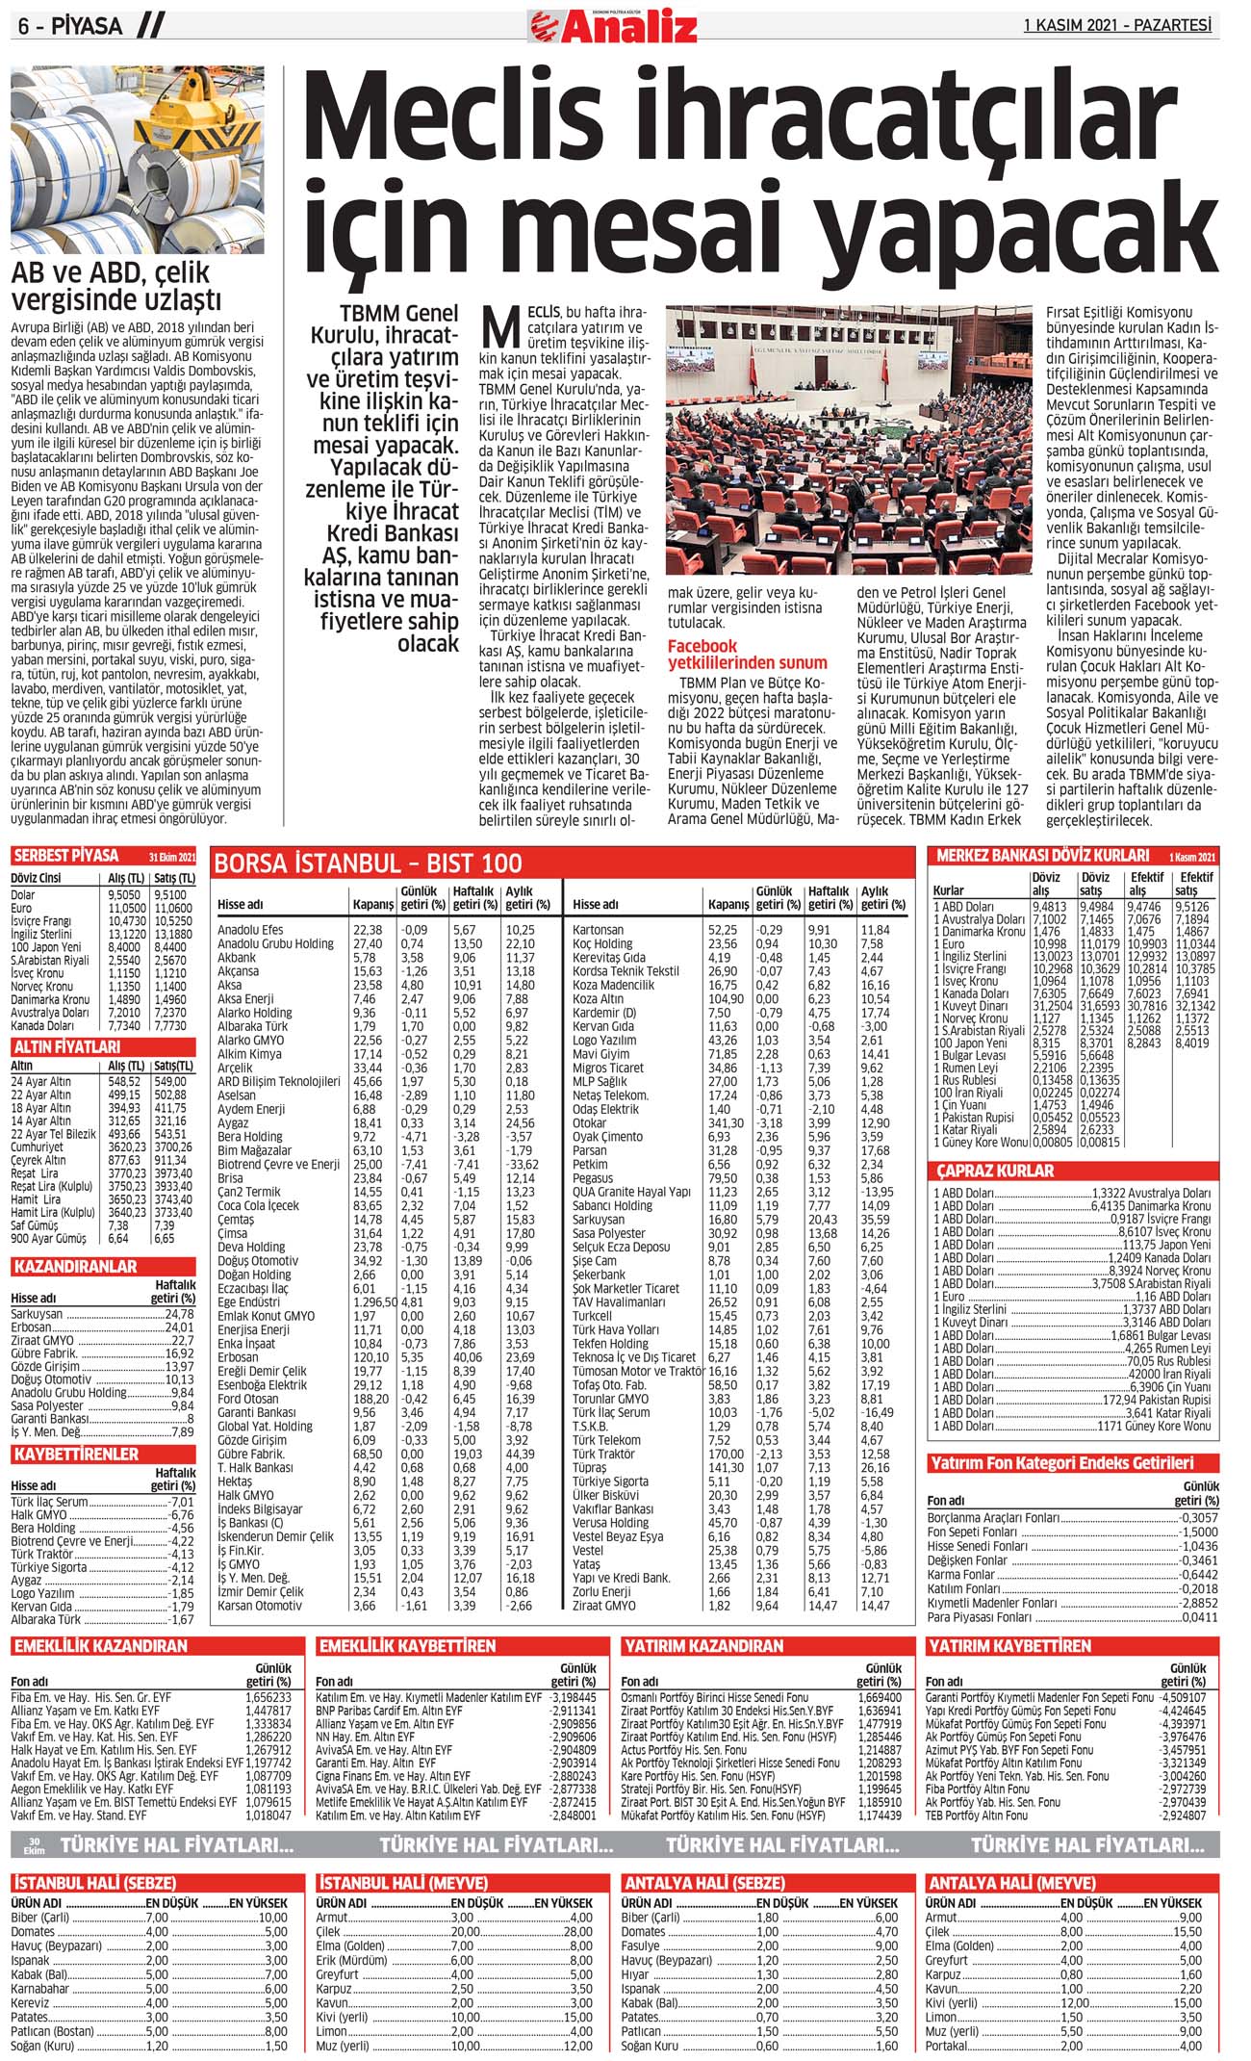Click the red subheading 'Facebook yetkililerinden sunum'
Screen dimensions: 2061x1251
[x=747, y=655]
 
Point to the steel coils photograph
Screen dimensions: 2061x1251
[x=137, y=160]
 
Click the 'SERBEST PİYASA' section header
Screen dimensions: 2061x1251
[x=65, y=856]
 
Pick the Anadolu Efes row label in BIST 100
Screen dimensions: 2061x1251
[x=250, y=930]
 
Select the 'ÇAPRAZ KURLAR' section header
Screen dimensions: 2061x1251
[x=995, y=1172]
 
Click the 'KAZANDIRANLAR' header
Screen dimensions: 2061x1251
[x=74, y=1267]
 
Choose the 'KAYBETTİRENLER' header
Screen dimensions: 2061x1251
[x=76, y=1455]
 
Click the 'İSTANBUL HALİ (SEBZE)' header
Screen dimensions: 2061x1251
[x=94, y=1883]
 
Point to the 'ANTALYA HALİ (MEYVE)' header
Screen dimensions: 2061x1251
[x=1010, y=1883]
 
